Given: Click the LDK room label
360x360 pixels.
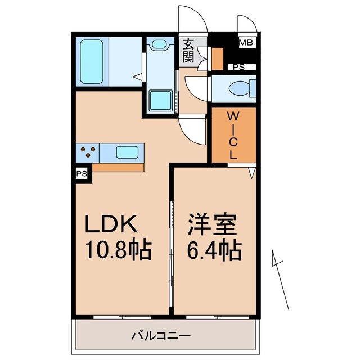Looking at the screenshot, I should pyautogui.click(x=111, y=225).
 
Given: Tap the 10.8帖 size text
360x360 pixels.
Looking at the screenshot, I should pyautogui.click(x=118, y=249).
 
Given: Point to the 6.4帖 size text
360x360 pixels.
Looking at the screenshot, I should pyautogui.click(x=214, y=249).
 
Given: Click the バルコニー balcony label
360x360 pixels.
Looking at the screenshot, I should pyautogui.click(x=161, y=336).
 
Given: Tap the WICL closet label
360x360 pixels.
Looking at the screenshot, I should pyautogui.click(x=233, y=135).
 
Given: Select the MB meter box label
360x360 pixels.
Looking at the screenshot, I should pyautogui.click(x=246, y=42).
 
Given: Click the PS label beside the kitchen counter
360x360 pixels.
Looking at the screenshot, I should pyautogui.click(x=82, y=173).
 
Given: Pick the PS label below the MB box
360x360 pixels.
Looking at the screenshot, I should pyautogui.click(x=239, y=67).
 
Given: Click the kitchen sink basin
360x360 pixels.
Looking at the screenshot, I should pyautogui.click(x=128, y=152).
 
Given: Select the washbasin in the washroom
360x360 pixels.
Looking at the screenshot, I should pyautogui.click(x=159, y=44).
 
